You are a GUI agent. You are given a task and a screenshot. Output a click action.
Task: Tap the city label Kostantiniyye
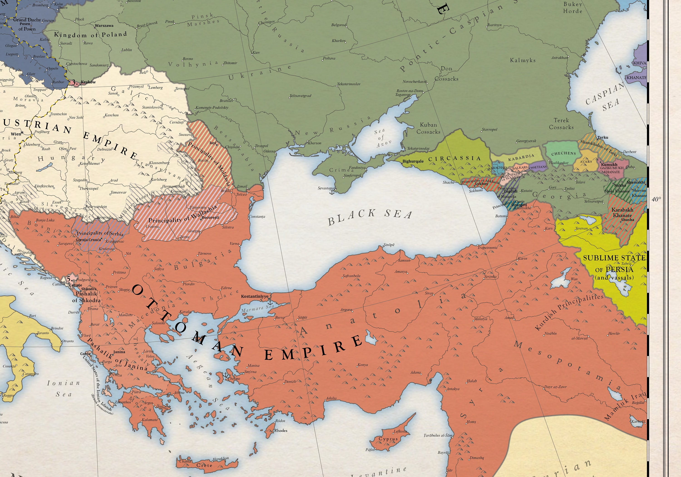point(254,296)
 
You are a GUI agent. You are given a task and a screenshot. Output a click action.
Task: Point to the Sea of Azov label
point(381,138)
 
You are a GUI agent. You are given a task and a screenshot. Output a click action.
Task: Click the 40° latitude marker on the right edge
point(656,199)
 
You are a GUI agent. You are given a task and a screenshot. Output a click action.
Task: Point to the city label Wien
point(16,134)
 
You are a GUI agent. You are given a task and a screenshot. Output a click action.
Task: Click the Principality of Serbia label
point(100,233)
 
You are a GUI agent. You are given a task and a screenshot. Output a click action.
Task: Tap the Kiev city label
point(256,52)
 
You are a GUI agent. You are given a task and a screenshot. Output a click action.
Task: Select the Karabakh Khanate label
point(622,212)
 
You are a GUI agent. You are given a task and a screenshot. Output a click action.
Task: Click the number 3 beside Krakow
point(74,83)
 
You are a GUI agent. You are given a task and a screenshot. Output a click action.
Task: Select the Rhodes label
point(281,431)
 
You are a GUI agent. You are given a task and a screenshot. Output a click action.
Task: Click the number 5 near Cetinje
point(69,279)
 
